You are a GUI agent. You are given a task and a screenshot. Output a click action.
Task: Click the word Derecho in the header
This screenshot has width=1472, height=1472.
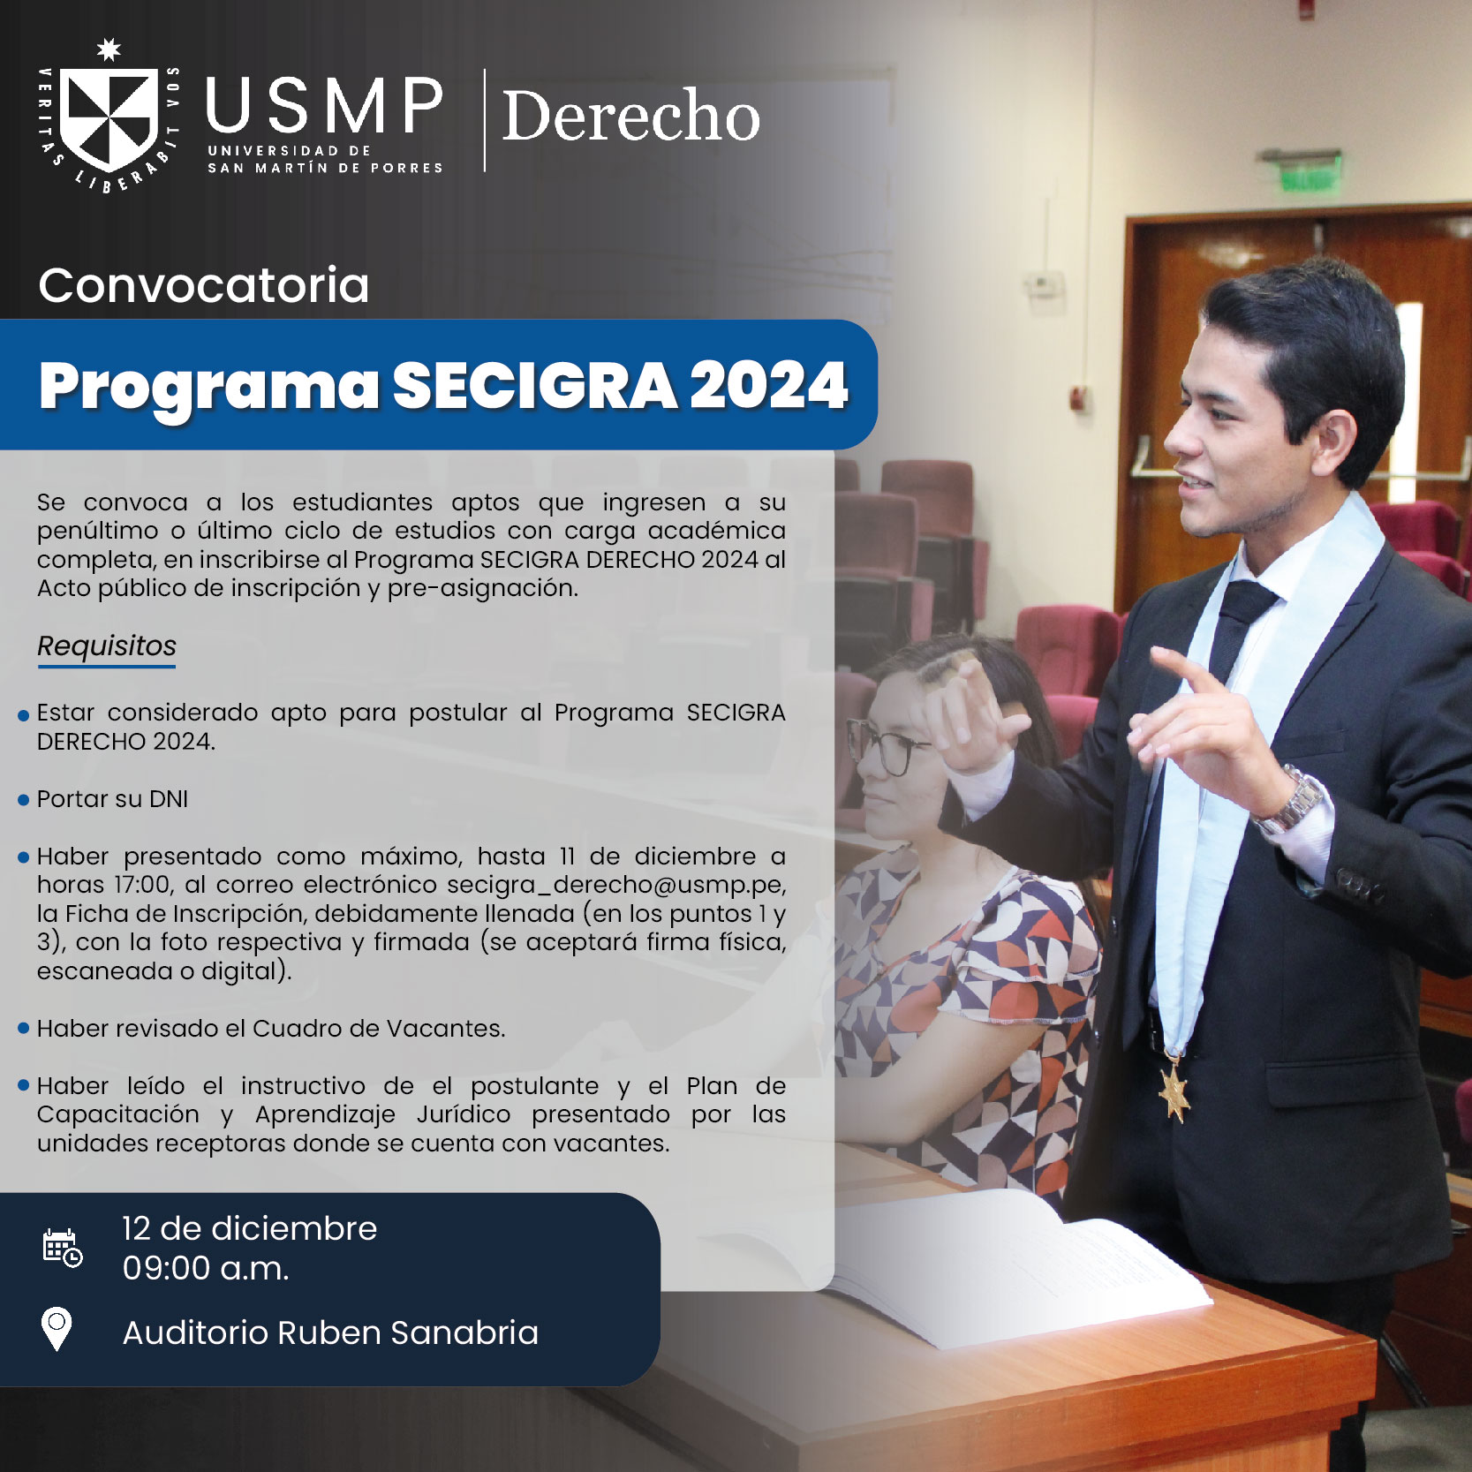(x=630, y=116)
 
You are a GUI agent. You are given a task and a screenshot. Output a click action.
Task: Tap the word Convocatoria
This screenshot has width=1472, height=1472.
(x=204, y=285)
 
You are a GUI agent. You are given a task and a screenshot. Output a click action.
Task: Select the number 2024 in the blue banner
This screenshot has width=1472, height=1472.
(x=768, y=386)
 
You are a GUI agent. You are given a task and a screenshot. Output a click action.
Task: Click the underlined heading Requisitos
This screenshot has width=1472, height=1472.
(x=107, y=646)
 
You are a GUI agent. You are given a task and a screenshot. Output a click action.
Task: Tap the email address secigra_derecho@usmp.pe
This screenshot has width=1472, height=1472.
(x=615, y=884)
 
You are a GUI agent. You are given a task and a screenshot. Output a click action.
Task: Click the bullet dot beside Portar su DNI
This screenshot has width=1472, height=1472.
(x=24, y=800)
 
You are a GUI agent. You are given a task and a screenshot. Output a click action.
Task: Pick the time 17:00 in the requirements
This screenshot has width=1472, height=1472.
(x=144, y=884)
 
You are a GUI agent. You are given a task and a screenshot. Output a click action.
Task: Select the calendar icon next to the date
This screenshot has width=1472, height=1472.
(x=62, y=1248)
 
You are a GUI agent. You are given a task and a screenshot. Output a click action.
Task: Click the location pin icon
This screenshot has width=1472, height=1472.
(x=57, y=1328)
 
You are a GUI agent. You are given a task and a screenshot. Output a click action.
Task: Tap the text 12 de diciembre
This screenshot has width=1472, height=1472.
(x=249, y=1228)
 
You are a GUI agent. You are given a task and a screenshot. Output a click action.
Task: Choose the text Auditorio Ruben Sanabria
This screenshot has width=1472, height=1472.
(x=330, y=1332)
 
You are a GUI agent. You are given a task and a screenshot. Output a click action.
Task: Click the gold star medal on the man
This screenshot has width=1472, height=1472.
(x=1174, y=1090)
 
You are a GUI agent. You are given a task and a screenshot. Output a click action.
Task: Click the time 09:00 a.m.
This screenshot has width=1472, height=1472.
(x=206, y=1269)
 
